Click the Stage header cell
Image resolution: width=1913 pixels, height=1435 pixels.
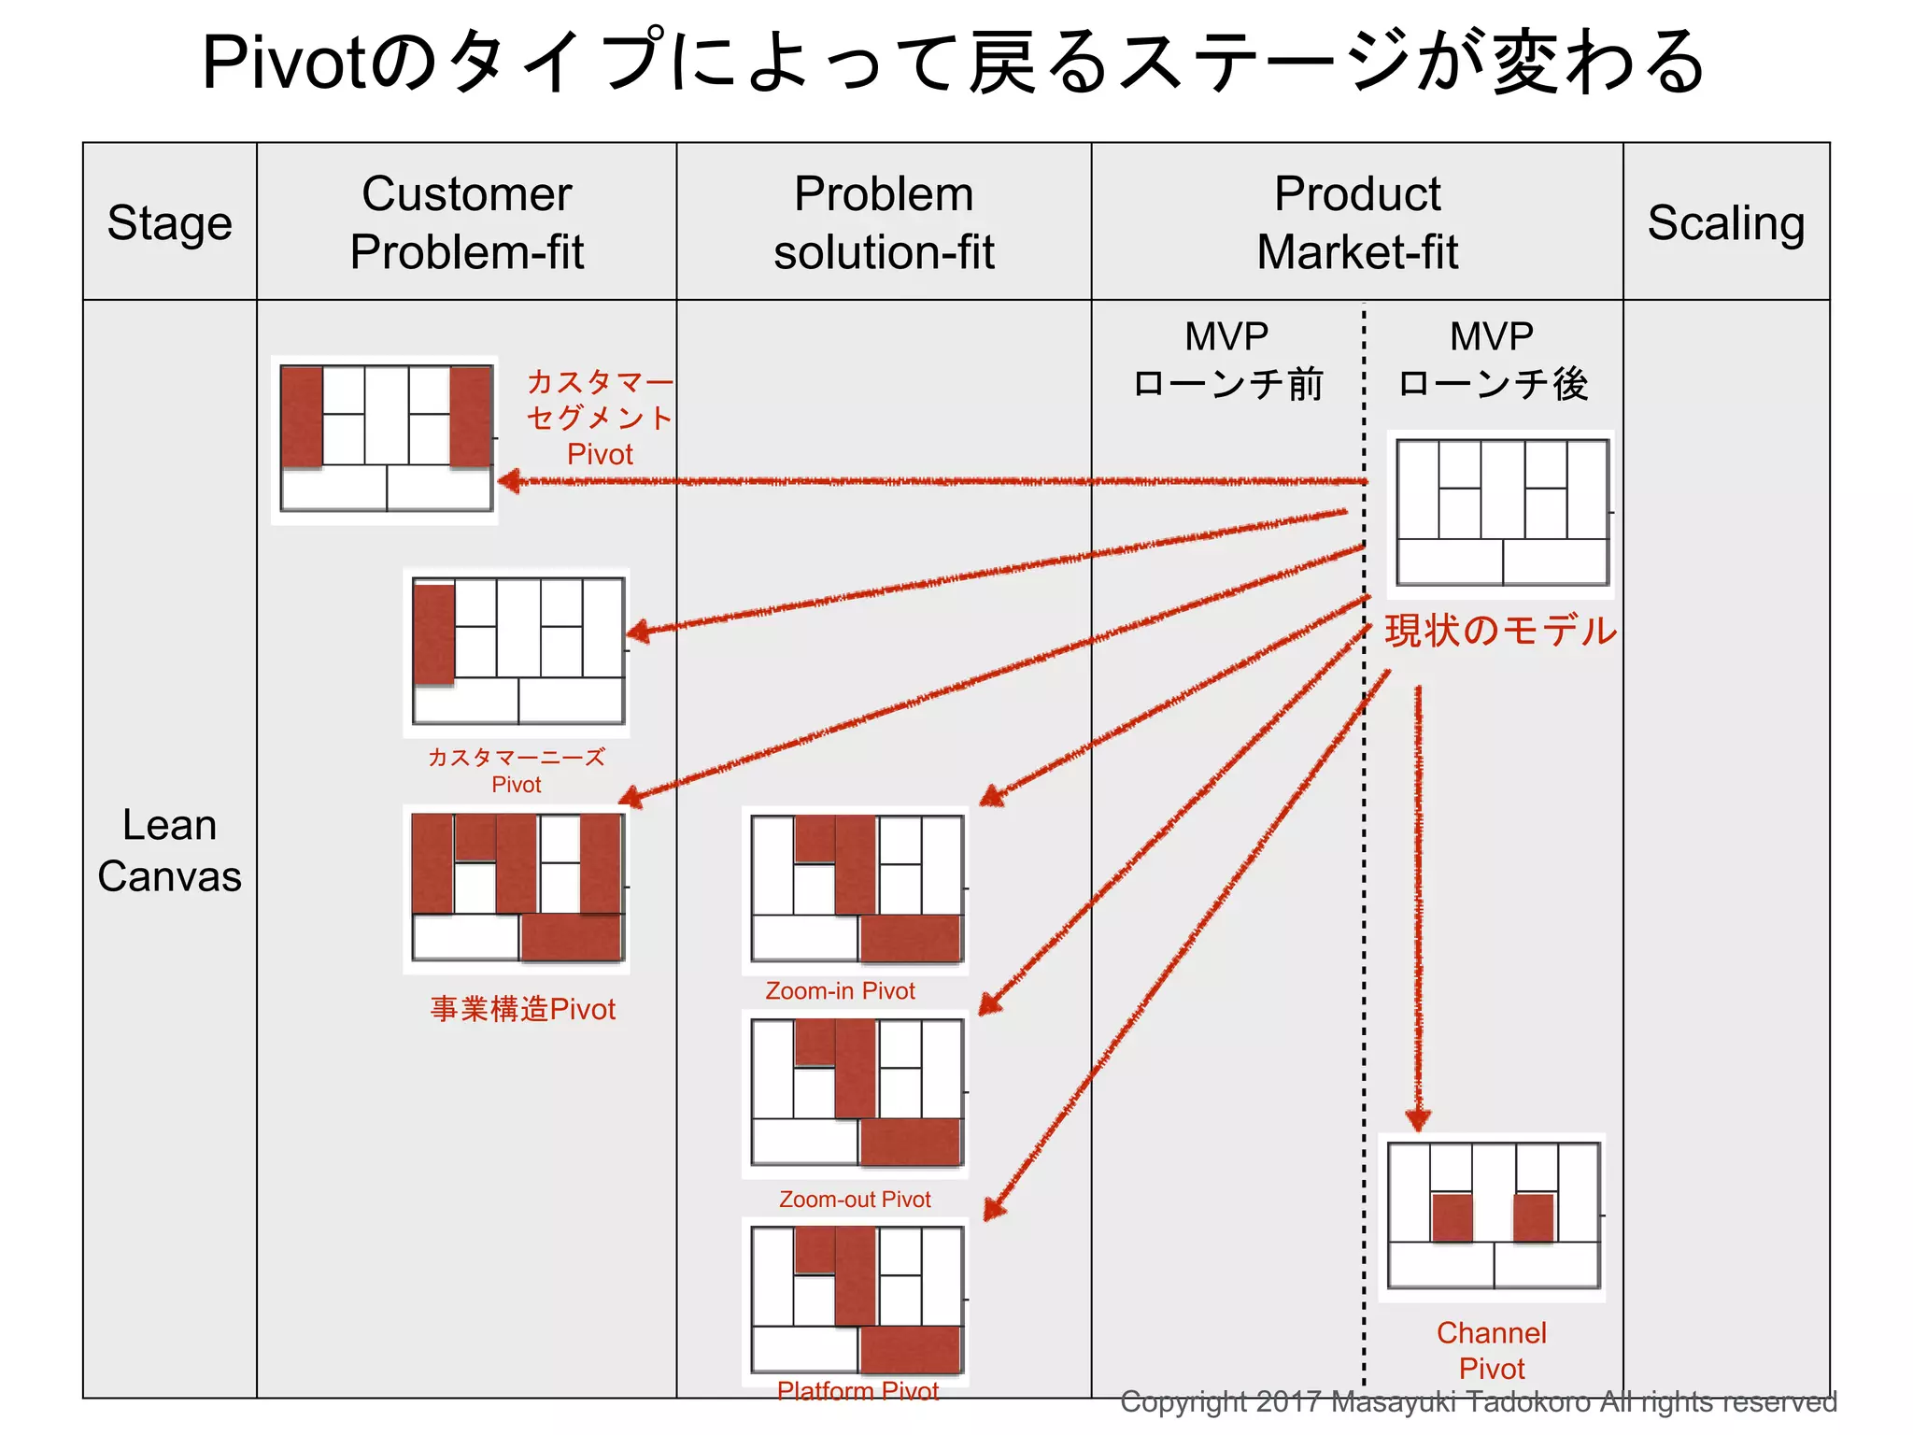(x=169, y=222)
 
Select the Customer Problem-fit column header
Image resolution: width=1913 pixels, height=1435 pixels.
(x=466, y=222)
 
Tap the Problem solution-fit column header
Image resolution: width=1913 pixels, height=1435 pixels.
(x=884, y=222)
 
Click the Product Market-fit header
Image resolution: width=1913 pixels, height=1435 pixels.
(x=1356, y=222)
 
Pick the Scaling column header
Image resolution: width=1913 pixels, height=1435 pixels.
(x=1725, y=222)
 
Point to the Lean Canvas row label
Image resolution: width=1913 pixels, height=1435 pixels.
(x=169, y=850)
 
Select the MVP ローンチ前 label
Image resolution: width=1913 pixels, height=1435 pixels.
(x=1226, y=360)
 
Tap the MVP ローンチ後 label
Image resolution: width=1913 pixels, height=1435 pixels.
(x=1492, y=360)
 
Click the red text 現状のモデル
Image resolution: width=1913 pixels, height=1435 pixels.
(x=1500, y=631)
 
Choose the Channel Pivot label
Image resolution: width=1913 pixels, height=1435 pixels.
(x=1491, y=1350)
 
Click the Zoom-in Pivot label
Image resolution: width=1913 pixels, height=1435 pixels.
(x=840, y=990)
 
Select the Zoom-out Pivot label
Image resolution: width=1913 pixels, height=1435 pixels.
(x=855, y=1199)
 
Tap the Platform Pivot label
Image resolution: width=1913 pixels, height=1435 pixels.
(x=857, y=1390)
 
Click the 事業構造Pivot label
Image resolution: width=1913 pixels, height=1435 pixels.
(x=522, y=1009)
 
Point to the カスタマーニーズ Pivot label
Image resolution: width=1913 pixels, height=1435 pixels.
(x=516, y=770)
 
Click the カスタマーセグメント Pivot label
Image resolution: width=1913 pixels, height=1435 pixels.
(x=599, y=418)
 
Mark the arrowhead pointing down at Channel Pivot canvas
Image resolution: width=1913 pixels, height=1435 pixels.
(x=1418, y=1119)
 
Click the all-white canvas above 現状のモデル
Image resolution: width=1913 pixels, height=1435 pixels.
(x=1501, y=513)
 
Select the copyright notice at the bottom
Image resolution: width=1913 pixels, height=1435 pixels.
(x=1478, y=1401)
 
